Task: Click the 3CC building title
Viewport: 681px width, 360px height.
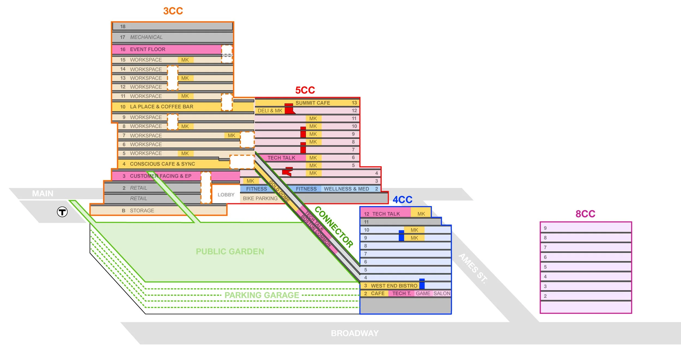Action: pos(173,11)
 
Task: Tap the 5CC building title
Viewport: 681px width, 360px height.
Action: pos(305,90)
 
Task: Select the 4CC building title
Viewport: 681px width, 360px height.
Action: pos(402,200)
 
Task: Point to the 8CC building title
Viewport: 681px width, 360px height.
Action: pos(585,214)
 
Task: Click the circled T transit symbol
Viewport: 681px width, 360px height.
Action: pos(62,212)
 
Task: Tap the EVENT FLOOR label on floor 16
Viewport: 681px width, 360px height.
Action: pos(147,49)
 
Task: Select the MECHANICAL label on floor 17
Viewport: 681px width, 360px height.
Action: pos(146,37)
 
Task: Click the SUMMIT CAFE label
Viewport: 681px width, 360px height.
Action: pos(312,103)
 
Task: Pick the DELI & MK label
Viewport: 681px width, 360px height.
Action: pos(270,111)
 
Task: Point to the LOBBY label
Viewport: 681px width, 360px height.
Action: pos(226,195)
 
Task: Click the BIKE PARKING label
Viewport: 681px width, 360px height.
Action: pos(260,198)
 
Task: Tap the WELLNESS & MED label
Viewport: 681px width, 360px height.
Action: pos(346,189)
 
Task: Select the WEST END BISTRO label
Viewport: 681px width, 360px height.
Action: pos(394,286)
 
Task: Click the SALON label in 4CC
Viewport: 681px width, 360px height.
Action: pos(442,294)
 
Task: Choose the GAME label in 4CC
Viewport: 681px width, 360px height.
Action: pos(423,294)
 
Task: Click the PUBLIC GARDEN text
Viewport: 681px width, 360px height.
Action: pos(230,251)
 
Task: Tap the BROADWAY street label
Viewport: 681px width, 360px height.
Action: pos(354,333)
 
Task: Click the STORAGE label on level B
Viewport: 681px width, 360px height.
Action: pos(142,211)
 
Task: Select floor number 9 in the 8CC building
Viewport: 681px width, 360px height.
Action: pos(545,228)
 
